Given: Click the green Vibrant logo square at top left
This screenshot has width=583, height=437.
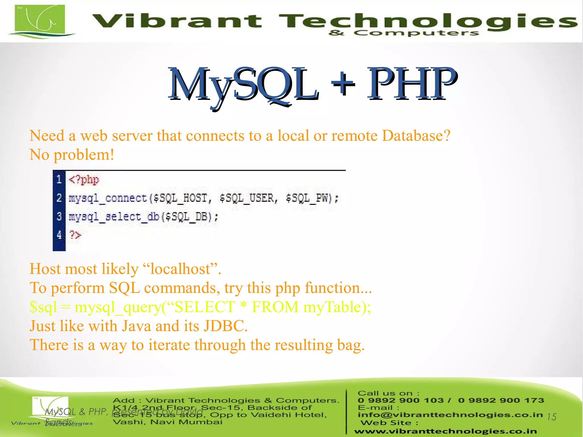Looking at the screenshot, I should pos(40,19).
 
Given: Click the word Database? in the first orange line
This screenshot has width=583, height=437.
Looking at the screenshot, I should pos(416,136).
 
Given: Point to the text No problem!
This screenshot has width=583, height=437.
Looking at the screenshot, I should pos(72,155).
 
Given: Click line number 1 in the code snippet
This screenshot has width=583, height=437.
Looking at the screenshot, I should pos(59,179).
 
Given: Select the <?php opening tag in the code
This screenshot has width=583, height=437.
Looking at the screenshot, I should pos(84,180).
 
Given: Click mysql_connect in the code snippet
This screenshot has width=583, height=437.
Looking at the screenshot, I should pos(108,198).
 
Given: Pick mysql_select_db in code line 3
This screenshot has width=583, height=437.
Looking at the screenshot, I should pos(114,217).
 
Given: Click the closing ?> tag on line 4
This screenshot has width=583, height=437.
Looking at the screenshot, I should pos(75,235).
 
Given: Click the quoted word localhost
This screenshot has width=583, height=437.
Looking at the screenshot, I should pos(180,269).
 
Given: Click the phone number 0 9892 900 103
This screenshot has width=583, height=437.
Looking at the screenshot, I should pos(401,401).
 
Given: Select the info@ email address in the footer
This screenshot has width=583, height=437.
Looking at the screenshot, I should pos(450,415).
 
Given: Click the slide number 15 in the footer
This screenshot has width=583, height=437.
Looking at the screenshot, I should pos(551,417).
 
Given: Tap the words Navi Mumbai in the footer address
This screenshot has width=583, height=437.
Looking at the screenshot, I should pos(186,422).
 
